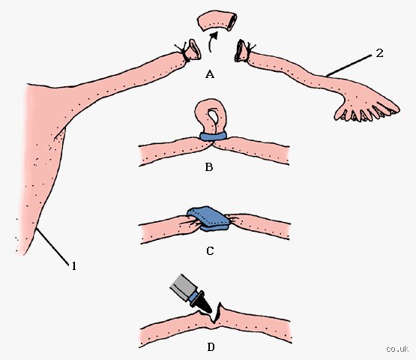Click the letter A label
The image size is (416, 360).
[x=210, y=74]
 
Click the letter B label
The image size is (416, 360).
[x=209, y=167]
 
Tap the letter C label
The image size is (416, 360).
[x=210, y=251]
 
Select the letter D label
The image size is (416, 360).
[x=211, y=347]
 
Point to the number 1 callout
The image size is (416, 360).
[x=74, y=265]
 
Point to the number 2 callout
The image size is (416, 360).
[x=379, y=53]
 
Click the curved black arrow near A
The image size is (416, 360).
[x=211, y=42]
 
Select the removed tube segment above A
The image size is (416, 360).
[x=217, y=21]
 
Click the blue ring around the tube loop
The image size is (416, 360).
[x=213, y=136]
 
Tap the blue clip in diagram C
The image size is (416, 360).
[x=208, y=218]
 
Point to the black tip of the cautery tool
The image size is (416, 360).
[x=205, y=307]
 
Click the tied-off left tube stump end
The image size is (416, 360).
[x=193, y=49]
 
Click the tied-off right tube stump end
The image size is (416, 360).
[x=241, y=50]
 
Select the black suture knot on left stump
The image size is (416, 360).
[x=183, y=52]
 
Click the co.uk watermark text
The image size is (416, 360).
[x=397, y=349]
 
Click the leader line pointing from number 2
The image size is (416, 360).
[x=349, y=65]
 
